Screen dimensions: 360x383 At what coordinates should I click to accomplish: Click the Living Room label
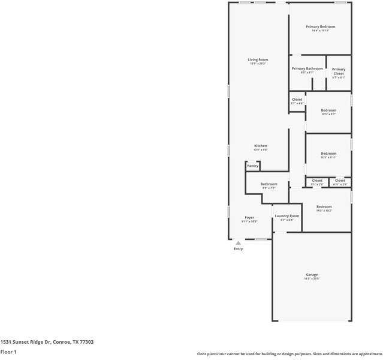click(258, 59)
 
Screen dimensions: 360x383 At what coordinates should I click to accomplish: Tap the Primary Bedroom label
click(320, 26)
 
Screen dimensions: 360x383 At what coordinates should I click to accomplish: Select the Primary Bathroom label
click(307, 68)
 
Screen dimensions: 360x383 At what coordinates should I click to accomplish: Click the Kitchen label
click(260, 146)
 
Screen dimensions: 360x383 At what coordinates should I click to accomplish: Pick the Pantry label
click(252, 166)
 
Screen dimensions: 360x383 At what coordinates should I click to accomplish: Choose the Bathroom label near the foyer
click(269, 184)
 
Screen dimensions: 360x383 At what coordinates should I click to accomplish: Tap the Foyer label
click(249, 217)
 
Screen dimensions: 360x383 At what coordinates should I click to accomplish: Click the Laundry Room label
click(287, 215)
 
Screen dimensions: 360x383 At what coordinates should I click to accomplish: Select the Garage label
click(312, 275)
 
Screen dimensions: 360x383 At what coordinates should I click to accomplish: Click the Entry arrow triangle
click(238, 243)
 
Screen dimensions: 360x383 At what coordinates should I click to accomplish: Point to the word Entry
click(238, 248)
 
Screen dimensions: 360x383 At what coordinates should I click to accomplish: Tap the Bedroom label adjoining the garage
click(324, 206)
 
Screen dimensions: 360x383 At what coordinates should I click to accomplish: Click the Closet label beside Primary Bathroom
click(297, 100)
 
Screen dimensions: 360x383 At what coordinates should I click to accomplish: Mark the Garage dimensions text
click(312, 279)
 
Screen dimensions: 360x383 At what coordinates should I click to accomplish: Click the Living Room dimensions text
click(258, 64)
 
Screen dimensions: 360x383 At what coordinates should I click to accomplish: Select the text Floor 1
click(8, 352)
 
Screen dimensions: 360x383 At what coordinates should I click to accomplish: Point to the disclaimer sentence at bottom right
click(289, 354)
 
